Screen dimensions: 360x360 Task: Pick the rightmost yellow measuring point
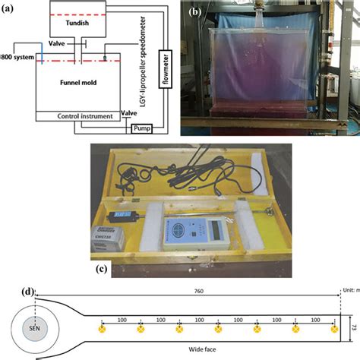coord(333,329)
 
